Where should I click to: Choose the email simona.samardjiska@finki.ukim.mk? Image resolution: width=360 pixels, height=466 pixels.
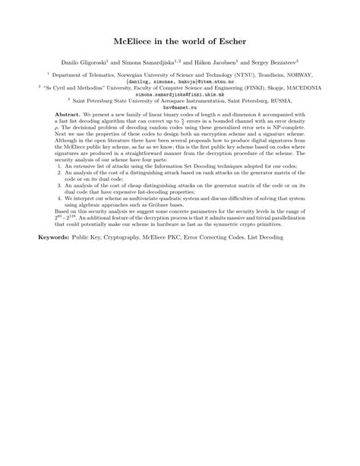pyautogui.click(x=180, y=93)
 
